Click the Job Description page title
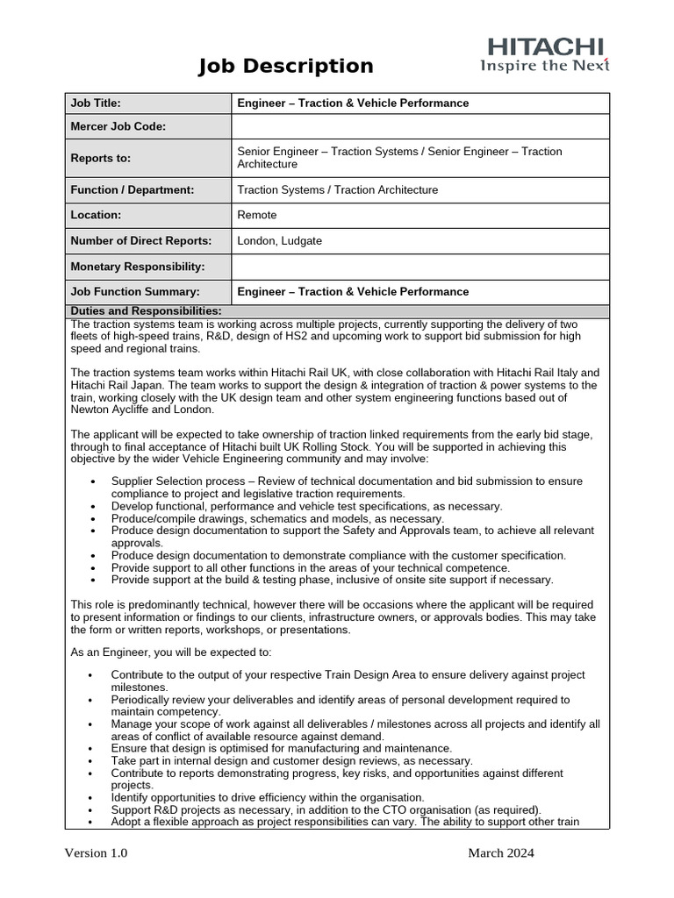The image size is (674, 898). pyautogui.click(x=285, y=66)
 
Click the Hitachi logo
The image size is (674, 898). pyautogui.click(x=545, y=46)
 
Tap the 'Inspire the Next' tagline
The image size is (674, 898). pyautogui.click(x=544, y=66)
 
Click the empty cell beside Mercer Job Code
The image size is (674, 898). pyautogui.click(x=419, y=127)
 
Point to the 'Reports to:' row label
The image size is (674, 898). pyautogui.click(x=100, y=159)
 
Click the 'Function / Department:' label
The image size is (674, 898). pyautogui.click(x=133, y=190)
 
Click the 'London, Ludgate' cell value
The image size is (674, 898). pyautogui.click(x=279, y=241)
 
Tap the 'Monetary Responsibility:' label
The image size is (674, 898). pyautogui.click(x=137, y=267)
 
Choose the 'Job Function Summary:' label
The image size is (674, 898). pyautogui.click(x=135, y=292)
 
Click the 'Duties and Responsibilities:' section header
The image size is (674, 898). pyautogui.click(x=146, y=311)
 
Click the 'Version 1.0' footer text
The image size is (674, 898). pyautogui.click(x=96, y=853)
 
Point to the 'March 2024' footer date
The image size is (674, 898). pyautogui.click(x=500, y=853)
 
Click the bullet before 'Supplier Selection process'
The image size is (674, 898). pyautogui.click(x=93, y=482)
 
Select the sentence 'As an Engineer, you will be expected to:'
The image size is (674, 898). pyautogui.click(x=172, y=652)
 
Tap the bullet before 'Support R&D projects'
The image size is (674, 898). pyautogui.click(x=93, y=811)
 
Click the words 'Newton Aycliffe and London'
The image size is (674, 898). pyautogui.click(x=141, y=410)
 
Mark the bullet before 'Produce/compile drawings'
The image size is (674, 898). pyautogui.click(x=93, y=519)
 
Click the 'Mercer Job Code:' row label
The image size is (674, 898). pyautogui.click(x=118, y=127)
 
